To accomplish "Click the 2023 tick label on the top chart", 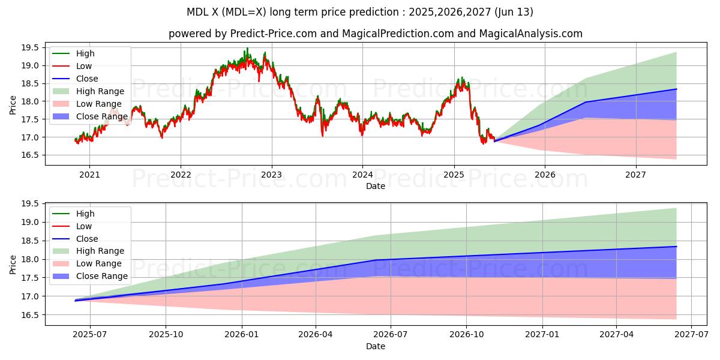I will click(x=271, y=175).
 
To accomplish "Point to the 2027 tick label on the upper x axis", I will click(x=635, y=175).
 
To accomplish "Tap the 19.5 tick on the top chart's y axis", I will click(x=31, y=47).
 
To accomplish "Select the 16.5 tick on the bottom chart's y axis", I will click(x=31, y=315).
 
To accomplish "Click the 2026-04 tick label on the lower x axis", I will click(x=316, y=335).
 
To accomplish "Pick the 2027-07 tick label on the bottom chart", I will click(x=691, y=335).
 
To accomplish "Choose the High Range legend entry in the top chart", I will click(x=100, y=91).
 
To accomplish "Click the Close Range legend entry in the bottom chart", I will click(x=101, y=276).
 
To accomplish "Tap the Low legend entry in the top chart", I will click(x=85, y=66).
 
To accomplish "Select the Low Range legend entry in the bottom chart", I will click(x=99, y=263).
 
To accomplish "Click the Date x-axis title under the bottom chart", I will click(x=376, y=346).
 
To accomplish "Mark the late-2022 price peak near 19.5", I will click(x=247, y=49).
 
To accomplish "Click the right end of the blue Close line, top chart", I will click(x=676, y=89).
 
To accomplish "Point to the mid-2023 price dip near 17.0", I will click(x=322, y=136).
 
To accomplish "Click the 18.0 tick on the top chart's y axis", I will click(x=31, y=101).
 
